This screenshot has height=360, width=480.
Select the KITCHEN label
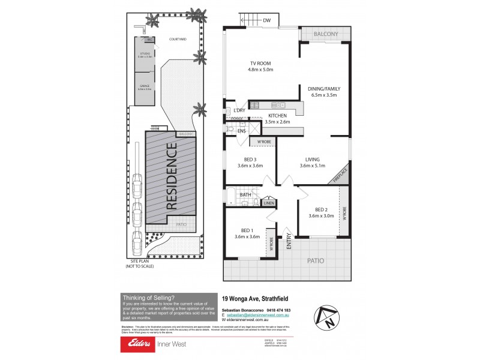[x=278, y=115]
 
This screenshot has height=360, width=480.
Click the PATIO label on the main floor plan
[x=316, y=261]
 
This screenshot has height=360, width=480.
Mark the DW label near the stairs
[x=267, y=21]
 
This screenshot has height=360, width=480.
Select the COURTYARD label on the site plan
[x=178, y=39]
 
